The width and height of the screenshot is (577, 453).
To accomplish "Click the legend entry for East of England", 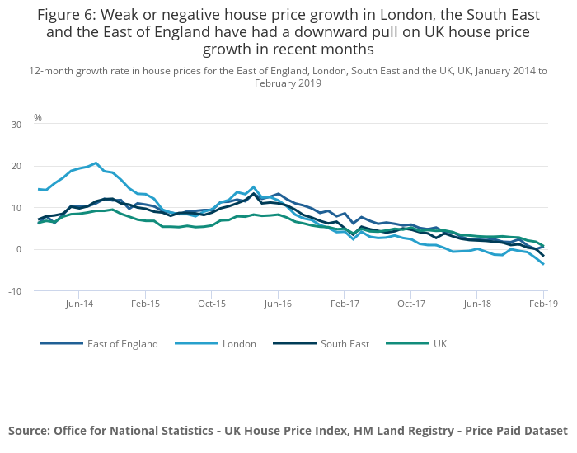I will pos(122,344).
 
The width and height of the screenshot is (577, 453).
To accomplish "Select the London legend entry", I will pos(239,344).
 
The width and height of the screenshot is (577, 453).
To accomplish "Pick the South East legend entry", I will pos(345,344).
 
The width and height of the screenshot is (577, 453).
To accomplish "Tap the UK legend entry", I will pos(440,344).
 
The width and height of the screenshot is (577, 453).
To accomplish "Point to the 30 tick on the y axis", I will pos(16,125).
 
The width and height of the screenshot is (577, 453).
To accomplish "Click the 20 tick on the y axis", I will pos(16,166).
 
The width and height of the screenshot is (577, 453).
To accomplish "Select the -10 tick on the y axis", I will pos(15,291).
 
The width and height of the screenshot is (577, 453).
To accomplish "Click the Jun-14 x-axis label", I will pos(78,304).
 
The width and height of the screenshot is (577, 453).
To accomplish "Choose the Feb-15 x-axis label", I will pos(145,304).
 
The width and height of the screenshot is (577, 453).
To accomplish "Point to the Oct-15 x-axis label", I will pos(212,304).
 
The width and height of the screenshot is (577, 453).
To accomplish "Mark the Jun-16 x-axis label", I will pos(278,304).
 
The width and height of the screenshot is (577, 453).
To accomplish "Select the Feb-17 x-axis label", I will pos(345,304).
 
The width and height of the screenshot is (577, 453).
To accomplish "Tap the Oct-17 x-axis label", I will pos(410,304).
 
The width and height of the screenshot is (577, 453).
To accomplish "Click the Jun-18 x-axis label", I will pos(477,304).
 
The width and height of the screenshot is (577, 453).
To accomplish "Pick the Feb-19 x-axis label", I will pos(542,304).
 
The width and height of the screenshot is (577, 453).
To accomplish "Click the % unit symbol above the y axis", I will pos(38,118).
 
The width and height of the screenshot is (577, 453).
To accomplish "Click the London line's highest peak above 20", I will pos(96,163).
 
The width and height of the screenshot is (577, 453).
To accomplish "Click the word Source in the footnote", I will pos(29,431).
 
